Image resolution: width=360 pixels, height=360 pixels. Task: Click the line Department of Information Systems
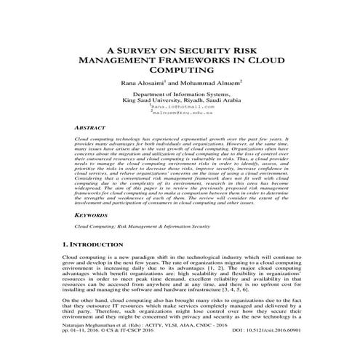[x=180, y=95]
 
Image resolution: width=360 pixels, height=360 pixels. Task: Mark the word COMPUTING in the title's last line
[x=180, y=71]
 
